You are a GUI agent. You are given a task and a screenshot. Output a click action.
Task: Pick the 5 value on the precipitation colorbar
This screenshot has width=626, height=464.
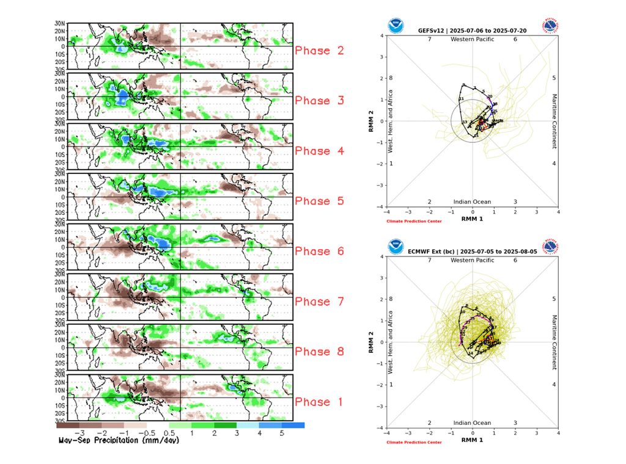pos(282,432)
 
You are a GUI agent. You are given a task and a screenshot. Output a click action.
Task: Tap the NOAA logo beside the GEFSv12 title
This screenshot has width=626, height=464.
pos(396,26)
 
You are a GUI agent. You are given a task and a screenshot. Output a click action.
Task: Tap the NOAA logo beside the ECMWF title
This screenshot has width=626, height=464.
pos(396,247)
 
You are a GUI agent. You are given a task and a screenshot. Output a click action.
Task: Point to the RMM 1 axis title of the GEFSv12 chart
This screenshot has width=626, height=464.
pos(472,218)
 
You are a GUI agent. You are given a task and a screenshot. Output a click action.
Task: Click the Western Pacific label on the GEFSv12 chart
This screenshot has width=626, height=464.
pos(472,40)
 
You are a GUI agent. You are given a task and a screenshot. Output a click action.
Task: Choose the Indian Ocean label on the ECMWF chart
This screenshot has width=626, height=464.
pos(472,422)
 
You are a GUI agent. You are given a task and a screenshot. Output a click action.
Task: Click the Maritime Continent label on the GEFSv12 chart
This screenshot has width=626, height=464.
pos(554,121)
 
